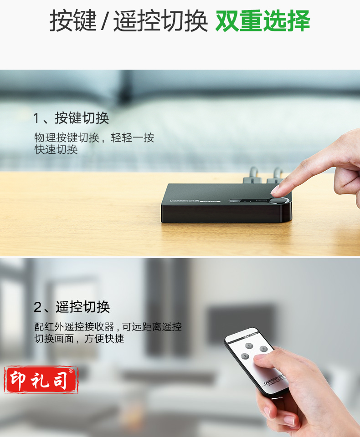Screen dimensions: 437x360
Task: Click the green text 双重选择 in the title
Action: [262, 21]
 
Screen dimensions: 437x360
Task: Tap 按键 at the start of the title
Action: [72, 21]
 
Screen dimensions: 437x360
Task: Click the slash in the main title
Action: [105, 22]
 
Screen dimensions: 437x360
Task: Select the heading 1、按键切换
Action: [71, 118]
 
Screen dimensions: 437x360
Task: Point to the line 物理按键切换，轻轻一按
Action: [94, 137]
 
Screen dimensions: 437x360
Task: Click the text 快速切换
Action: [56, 150]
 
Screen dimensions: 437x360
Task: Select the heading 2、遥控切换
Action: [72, 307]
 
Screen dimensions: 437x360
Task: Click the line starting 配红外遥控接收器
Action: [108, 326]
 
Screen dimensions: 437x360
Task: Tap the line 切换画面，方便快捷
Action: [79, 339]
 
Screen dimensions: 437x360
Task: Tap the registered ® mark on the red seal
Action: [71, 371]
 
